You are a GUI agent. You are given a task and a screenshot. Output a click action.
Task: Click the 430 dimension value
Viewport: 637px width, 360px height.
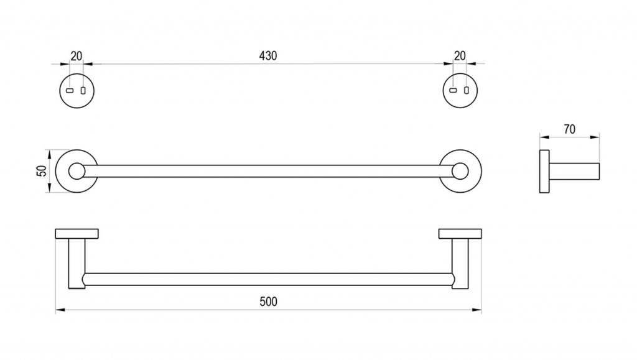click(268, 55)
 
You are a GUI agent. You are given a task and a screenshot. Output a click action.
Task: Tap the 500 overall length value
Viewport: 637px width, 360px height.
click(268, 302)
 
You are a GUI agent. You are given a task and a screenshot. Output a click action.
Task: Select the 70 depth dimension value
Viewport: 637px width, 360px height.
click(570, 129)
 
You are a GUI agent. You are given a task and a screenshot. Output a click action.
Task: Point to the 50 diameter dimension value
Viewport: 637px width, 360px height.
click(42, 171)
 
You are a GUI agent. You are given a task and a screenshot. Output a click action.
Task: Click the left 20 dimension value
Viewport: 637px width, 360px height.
click(77, 56)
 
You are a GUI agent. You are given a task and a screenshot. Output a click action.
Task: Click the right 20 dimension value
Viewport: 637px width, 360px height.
click(460, 55)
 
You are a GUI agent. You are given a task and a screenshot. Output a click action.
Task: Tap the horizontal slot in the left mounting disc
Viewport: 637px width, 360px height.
click(70, 91)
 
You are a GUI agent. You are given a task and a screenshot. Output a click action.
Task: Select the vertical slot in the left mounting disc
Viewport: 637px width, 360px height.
click(83, 91)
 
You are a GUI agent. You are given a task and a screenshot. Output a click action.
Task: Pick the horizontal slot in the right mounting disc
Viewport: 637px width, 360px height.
click(453, 90)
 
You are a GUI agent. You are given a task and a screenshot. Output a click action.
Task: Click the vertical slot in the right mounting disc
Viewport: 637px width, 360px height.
click(467, 90)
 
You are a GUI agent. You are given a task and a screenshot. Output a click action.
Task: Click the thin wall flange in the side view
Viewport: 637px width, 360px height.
click(544, 171)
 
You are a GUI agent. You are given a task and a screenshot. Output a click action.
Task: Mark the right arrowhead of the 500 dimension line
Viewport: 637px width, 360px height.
click(477, 310)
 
